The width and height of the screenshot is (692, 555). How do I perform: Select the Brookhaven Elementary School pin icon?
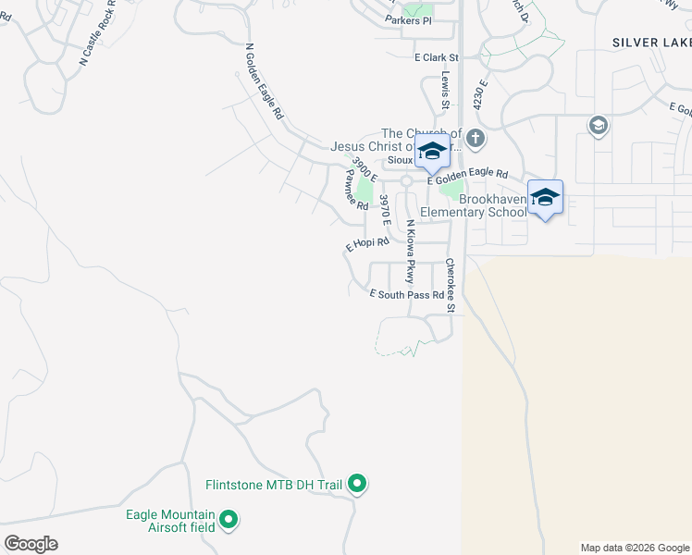point(545,198)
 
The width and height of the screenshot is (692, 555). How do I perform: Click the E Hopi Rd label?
point(367,244)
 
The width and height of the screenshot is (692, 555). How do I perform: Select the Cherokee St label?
point(451,285)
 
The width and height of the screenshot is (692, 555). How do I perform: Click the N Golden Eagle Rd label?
point(264,82)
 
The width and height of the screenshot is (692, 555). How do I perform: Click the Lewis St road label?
point(445,87)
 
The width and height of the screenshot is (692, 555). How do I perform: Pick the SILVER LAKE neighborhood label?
point(651,43)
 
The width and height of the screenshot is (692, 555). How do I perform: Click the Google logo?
point(31,544)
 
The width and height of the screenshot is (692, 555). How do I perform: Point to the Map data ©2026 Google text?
point(635,548)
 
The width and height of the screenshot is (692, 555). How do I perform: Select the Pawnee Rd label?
point(356,189)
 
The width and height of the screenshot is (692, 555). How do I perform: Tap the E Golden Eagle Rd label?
point(468,175)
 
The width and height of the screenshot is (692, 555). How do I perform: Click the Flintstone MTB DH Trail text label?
point(274,485)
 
